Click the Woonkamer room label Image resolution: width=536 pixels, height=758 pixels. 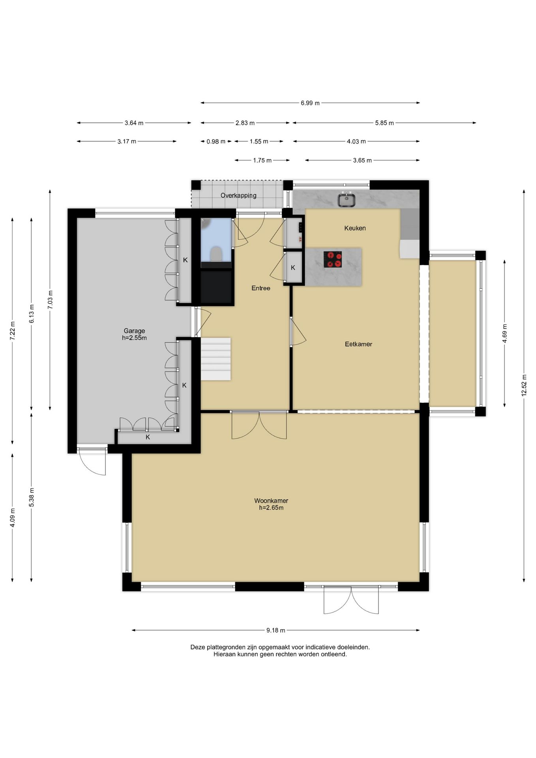(271, 501)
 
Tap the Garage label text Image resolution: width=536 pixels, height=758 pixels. (134, 331)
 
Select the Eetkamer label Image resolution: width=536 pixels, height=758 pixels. (358, 344)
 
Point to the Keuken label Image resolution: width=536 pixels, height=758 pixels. (355, 228)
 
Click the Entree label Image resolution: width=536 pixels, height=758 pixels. (261, 288)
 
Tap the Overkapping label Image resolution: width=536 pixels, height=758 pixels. (238, 195)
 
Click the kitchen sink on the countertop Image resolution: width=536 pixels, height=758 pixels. (347, 199)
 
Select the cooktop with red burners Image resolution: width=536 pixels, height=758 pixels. (333, 259)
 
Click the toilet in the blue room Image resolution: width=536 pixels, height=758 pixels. (216, 254)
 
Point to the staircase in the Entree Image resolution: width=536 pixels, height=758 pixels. (216, 358)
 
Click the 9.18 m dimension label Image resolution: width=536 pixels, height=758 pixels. (275, 630)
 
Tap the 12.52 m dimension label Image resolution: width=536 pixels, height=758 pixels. (524, 385)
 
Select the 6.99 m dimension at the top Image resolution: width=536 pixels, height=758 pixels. (310, 103)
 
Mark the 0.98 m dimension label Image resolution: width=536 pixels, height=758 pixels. (216, 141)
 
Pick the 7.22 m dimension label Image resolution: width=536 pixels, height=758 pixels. (13, 330)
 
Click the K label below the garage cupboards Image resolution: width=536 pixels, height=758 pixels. (148, 437)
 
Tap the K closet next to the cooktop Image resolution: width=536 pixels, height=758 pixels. (293, 268)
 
